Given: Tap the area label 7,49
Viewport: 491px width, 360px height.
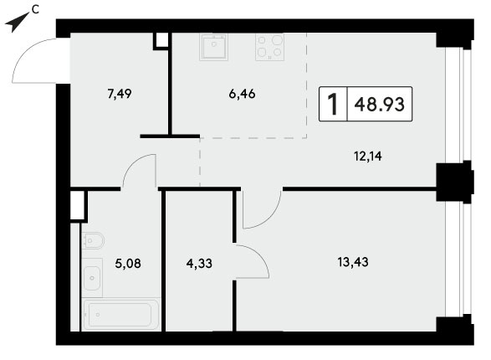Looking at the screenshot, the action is [x=120, y=94].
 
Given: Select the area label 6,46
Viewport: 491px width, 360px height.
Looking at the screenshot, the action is [x=242, y=94].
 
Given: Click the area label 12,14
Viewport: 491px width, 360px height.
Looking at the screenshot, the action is [x=368, y=156].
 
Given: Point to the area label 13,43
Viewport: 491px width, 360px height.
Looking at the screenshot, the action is [x=353, y=261].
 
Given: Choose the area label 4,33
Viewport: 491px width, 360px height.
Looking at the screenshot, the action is [x=199, y=264].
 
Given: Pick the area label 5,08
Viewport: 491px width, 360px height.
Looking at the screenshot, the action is [x=128, y=264].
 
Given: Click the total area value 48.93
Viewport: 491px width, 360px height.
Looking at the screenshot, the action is [x=380, y=104].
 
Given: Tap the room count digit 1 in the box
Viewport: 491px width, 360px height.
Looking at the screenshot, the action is [x=333, y=104].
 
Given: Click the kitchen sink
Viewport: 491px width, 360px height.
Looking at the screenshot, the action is [x=213, y=47].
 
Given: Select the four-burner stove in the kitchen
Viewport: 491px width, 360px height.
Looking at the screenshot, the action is [x=269, y=47].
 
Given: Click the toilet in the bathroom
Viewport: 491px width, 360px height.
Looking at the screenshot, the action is [x=93, y=240].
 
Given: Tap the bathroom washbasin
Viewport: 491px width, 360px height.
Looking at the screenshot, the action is [x=92, y=278].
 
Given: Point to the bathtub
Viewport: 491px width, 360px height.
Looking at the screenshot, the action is [x=121, y=315].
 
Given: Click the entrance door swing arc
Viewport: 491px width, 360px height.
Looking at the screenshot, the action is [x=30, y=50].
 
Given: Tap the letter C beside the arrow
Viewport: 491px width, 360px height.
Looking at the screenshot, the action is [x=35, y=10].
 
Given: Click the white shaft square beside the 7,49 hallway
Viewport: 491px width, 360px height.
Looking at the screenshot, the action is [x=162, y=40].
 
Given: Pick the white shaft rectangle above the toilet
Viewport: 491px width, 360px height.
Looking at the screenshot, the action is [x=76, y=205].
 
